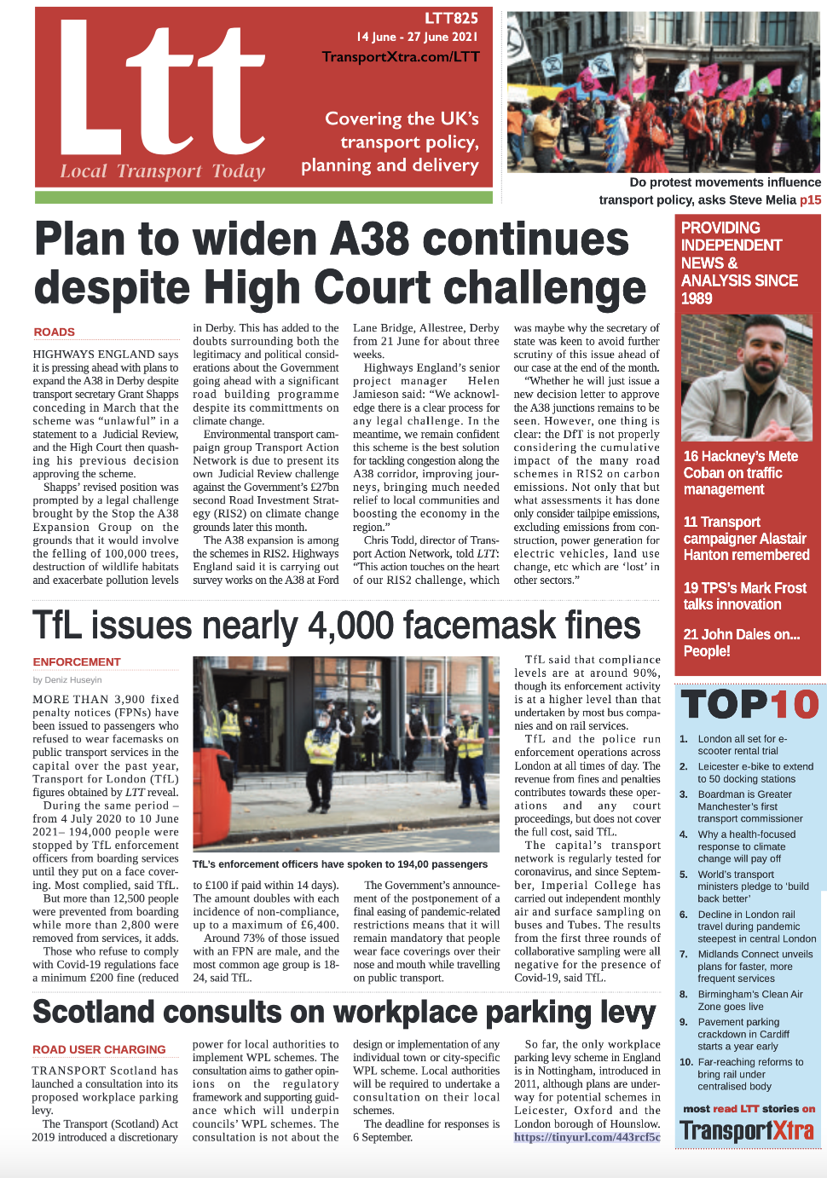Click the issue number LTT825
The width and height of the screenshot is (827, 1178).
(x=451, y=18)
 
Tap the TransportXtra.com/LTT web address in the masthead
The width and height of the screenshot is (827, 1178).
(x=401, y=57)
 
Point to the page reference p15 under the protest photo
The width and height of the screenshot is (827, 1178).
(x=810, y=199)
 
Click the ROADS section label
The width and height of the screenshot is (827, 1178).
(x=54, y=332)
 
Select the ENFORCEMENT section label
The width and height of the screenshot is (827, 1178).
(x=77, y=661)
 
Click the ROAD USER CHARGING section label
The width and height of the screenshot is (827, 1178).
(x=99, y=1049)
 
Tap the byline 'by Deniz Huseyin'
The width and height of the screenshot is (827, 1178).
(x=67, y=679)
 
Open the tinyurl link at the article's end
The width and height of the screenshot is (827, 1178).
(x=587, y=1137)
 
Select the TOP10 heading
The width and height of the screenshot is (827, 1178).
(x=749, y=705)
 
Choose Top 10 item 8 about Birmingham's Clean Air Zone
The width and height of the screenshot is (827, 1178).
(x=749, y=1000)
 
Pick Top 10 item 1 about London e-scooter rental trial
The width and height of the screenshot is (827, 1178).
(x=742, y=745)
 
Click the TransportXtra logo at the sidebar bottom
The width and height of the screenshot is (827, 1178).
(x=746, y=1132)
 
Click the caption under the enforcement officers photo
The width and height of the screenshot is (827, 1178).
(x=340, y=863)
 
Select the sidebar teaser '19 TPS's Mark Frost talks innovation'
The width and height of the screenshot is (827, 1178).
(x=744, y=596)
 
